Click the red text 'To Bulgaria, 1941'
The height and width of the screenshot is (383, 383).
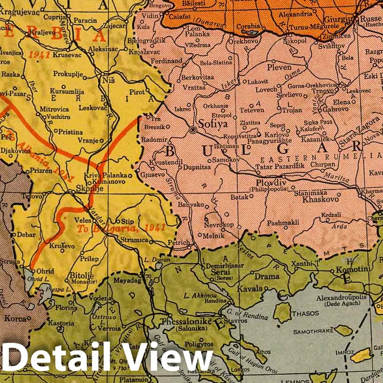[x=121, y=228]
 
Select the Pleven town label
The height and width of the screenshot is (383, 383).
[x=279, y=68]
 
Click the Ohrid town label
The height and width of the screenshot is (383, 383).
[x=45, y=271]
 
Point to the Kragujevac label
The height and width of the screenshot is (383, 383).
[x=18, y=9]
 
